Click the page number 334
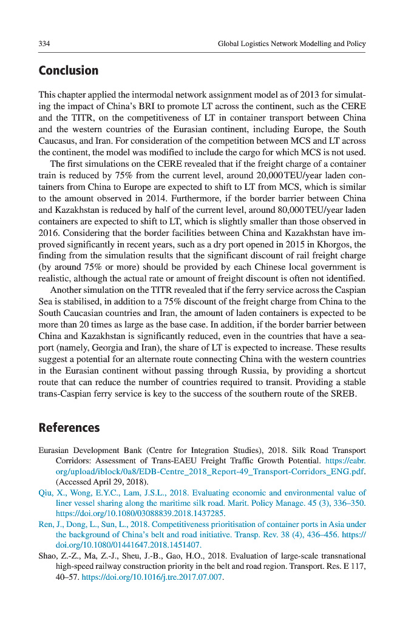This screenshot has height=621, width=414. point(44,44)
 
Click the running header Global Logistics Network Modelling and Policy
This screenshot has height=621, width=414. point(291,44)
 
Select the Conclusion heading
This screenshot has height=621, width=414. point(68,71)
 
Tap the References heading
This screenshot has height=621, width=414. point(69,428)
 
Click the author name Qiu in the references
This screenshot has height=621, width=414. point(45,492)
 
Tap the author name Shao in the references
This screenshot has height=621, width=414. point(49,556)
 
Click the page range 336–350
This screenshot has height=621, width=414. point(347,503)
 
